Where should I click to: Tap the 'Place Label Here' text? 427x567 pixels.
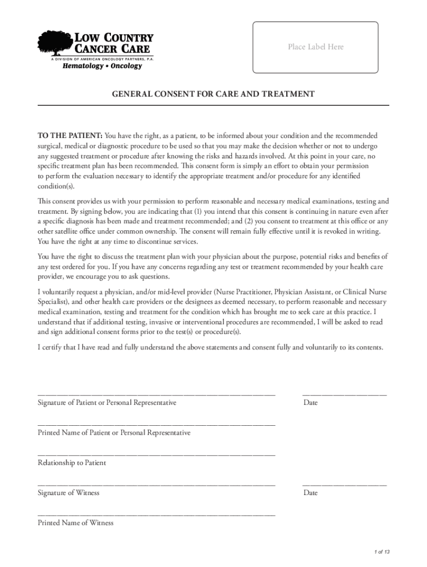click(x=316, y=47)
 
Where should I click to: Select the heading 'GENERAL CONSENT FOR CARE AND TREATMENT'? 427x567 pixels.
click(x=213, y=94)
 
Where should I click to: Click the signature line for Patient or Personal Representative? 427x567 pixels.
click(x=156, y=394)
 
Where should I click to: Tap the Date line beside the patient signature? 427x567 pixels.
click(x=344, y=394)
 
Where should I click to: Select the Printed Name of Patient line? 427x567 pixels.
click(x=156, y=424)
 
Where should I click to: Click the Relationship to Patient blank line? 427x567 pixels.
click(x=156, y=453)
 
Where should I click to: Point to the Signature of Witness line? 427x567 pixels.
click(x=156, y=484)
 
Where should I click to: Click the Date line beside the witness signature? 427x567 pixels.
click(x=344, y=484)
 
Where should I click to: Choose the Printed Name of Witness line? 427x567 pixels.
click(x=156, y=514)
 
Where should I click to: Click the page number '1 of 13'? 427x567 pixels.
click(x=382, y=552)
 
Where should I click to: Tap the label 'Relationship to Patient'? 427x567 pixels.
click(x=72, y=462)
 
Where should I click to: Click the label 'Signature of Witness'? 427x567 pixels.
click(x=68, y=493)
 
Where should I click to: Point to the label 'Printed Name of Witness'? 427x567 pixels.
click(x=75, y=523)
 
